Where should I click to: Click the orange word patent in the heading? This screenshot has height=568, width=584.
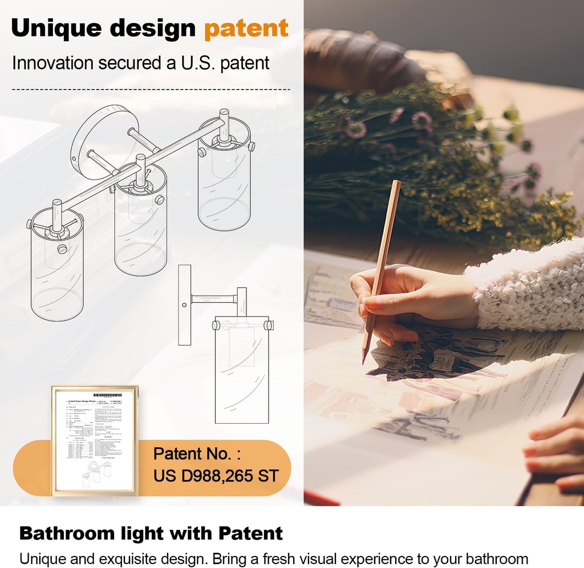[x=246, y=29]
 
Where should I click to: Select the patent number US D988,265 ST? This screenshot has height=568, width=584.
[x=216, y=475]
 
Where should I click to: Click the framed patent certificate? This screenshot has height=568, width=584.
[x=94, y=440]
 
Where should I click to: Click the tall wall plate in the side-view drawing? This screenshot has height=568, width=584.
[x=184, y=305]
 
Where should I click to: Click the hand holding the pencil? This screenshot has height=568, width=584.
[x=411, y=297]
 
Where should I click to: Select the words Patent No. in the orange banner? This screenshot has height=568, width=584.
[x=197, y=454]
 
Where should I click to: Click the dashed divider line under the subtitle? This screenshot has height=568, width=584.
[x=151, y=90]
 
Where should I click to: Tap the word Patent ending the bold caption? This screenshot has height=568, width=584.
[x=250, y=534]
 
